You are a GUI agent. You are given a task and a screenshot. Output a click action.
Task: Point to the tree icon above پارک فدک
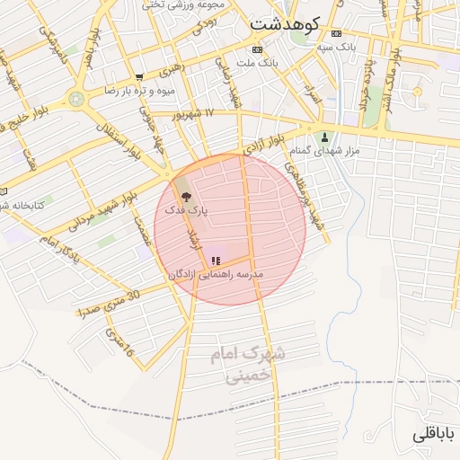[185, 195]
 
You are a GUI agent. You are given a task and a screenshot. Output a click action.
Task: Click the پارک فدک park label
[185, 209]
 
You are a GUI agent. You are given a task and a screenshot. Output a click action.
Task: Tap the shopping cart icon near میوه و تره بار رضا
[138, 77]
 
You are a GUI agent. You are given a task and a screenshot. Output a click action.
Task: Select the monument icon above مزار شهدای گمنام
[326, 137]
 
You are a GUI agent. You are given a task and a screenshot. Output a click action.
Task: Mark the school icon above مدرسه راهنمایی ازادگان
[215, 261]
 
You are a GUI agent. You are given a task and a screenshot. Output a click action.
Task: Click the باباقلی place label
[434, 433]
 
